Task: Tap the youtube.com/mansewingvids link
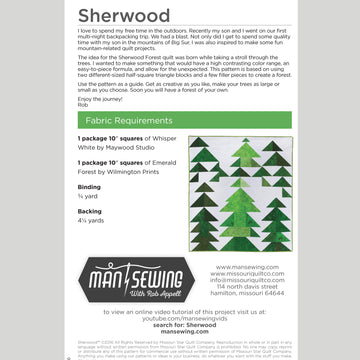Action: tap(180, 317)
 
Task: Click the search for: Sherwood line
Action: tap(180, 324)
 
